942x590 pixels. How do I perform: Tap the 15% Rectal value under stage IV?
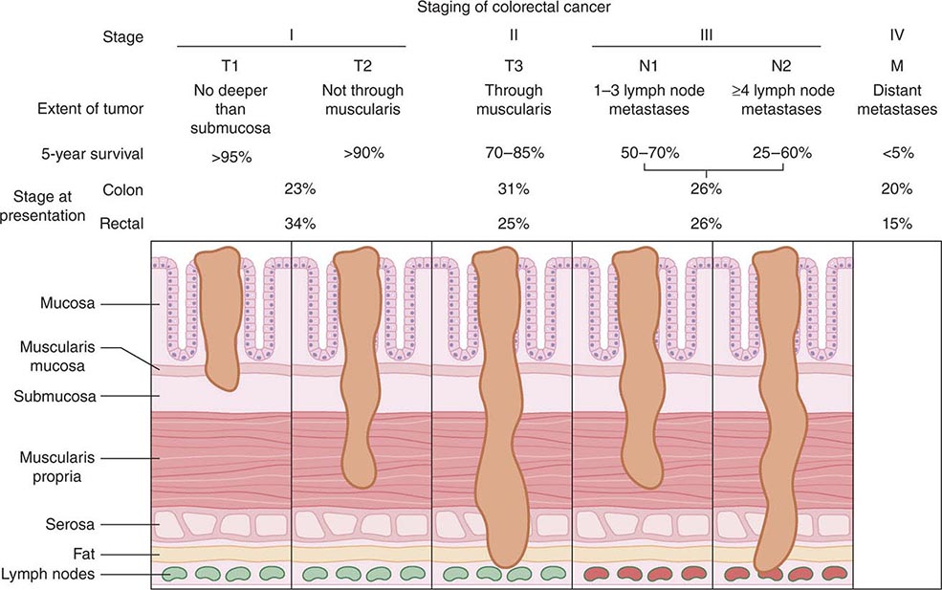[897, 225]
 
